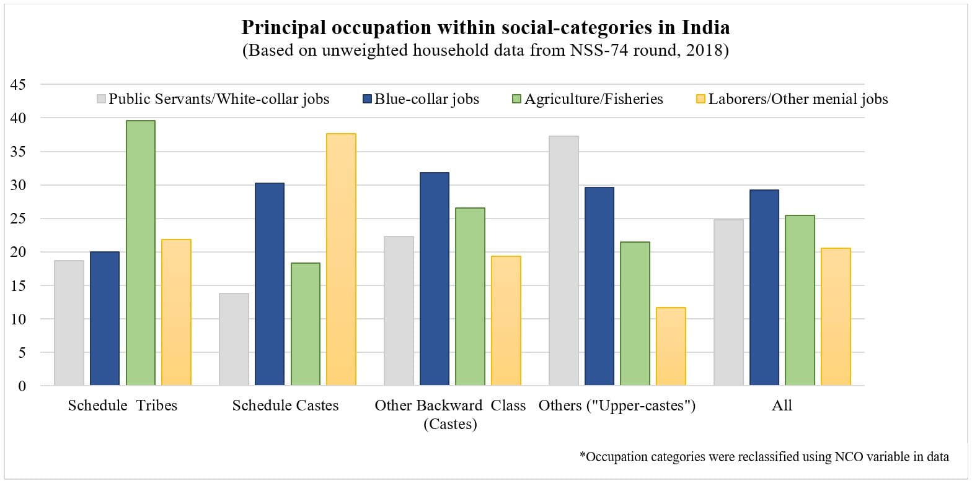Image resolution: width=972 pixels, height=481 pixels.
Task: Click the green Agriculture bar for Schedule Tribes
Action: pos(140,253)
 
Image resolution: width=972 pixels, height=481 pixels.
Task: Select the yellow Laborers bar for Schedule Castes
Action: pos(341,259)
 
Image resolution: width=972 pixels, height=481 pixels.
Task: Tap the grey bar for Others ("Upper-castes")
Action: pos(563,261)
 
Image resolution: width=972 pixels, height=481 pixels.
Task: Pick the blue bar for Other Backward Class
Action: pos(434,279)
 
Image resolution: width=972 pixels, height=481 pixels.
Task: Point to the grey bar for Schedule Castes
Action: pos(234,339)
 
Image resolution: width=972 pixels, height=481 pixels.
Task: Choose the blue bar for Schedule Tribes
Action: pos(104,319)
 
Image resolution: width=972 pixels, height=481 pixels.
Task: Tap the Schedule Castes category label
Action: pos(285,406)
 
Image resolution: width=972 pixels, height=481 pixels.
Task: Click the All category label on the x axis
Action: pos(782,406)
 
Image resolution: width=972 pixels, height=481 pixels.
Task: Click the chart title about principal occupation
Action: pos(485,28)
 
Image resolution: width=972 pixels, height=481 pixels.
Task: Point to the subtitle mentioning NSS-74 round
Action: pos(485,51)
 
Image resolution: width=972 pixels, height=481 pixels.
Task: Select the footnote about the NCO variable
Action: pos(764,457)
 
